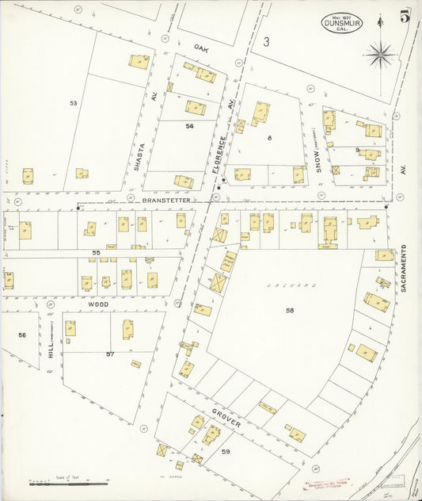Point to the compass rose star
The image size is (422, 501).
pyautogui.click(x=381, y=55)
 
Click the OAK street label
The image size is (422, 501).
pyautogui.click(x=200, y=48)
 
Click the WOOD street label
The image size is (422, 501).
pyautogui.click(x=97, y=304)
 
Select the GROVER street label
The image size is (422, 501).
pyautogui.click(x=226, y=418)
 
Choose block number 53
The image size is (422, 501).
pyautogui.click(x=73, y=103)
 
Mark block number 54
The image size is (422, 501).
pyautogui.click(x=189, y=126)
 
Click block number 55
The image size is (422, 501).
pyautogui.click(x=95, y=252)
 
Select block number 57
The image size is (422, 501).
pyautogui.click(x=110, y=354)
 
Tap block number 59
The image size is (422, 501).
pyautogui.click(x=226, y=452)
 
